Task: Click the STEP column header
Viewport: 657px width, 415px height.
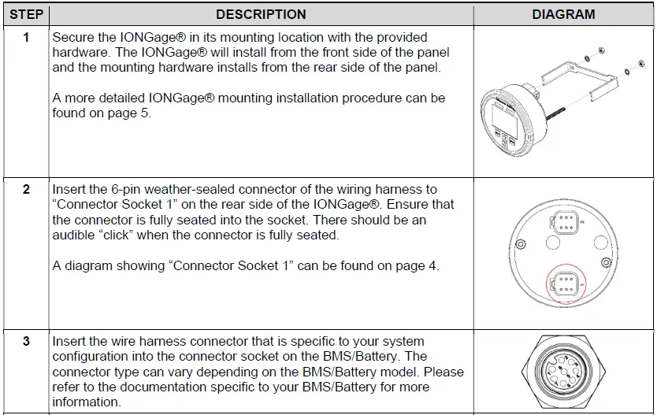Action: pyautogui.click(x=26, y=14)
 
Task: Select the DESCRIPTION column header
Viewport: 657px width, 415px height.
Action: pyautogui.click(x=261, y=14)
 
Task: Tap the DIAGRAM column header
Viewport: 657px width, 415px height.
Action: pyautogui.click(x=564, y=14)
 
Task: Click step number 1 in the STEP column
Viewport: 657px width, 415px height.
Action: pyautogui.click(x=26, y=38)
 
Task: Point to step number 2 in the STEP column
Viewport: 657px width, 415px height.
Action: pyautogui.click(x=26, y=190)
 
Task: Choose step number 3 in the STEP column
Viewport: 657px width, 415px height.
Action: pyautogui.click(x=26, y=342)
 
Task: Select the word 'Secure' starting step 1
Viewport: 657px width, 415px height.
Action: pyautogui.click(x=74, y=38)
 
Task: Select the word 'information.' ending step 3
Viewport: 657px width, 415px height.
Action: pyautogui.click(x=87, y=402)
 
